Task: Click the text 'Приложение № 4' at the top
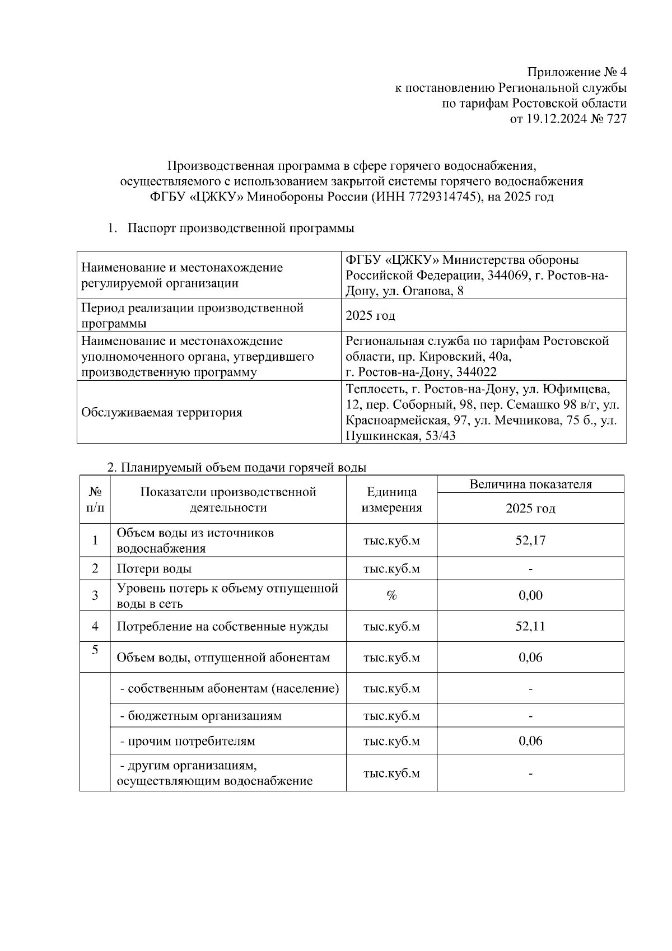click(x=577, y=73)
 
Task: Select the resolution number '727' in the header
click(x=616, y=119)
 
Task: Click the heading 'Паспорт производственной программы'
click(x=241, y=229)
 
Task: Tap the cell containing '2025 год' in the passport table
click(x=371, y=315)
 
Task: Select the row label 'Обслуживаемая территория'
click(x=162, y=413)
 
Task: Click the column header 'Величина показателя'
click(x=530, y=484)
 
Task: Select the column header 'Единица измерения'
click(x=391, y=500)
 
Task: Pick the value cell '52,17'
click(x=530, y=540)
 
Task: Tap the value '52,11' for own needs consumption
click(x=530, y=626)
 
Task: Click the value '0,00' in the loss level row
click(x=530, y=595)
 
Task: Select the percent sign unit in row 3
click(x=391, y=595)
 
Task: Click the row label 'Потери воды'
click(x=154, y=568)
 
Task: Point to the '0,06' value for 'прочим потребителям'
click(x=530, y=741)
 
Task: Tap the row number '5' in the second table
click(x=95, y=650)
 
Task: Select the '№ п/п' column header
click(x=95, y=500)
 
